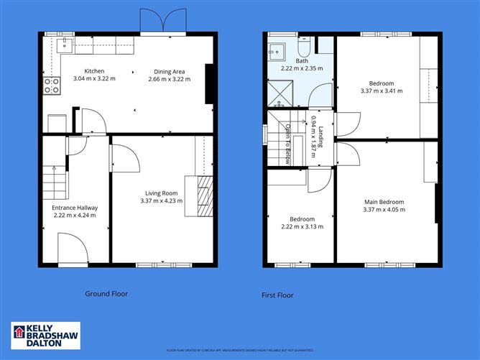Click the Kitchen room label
95,71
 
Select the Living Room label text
162,193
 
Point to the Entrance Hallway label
75,208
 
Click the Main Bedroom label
384,202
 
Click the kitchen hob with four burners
52,86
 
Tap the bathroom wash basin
276,50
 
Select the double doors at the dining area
155,22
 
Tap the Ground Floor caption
106,293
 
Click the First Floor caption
277,295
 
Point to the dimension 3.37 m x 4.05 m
384,210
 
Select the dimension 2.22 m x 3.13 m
302,226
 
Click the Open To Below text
287,144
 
